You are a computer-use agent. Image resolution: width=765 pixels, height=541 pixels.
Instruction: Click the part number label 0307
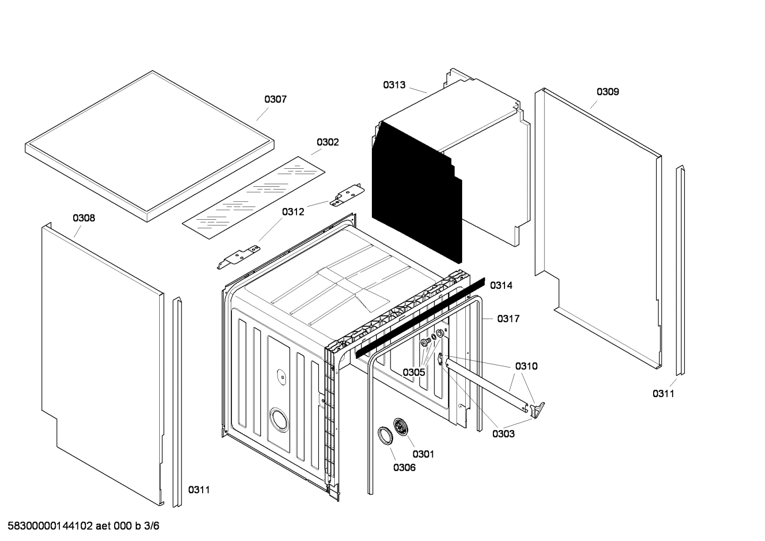coord(275,99)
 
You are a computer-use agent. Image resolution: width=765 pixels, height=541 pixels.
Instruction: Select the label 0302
coord(327,142)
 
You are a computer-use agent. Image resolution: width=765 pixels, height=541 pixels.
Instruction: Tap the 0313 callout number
coord(394,85)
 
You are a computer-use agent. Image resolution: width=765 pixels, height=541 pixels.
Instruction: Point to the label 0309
coord(607,92)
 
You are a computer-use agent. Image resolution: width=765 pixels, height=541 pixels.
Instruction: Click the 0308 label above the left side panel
coord(84,218)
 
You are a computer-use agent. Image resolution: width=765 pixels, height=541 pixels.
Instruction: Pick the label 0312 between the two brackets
coord(293,212)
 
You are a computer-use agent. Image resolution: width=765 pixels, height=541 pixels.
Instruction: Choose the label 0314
coord(501,286)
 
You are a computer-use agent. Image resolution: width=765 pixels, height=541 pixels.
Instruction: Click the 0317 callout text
coord(508,319)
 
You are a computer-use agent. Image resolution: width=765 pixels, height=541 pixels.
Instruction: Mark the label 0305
coord(413,372)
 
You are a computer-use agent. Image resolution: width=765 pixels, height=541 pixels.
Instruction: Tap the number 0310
coord(526,366)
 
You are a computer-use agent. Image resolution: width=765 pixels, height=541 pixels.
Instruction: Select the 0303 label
coord(503,434)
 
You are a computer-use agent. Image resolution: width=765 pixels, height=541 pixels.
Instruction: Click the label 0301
coord(423,454)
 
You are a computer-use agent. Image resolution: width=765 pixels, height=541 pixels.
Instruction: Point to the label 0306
coord(404,467)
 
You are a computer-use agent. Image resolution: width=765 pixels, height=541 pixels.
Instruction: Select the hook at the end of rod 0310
coord(537,408)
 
